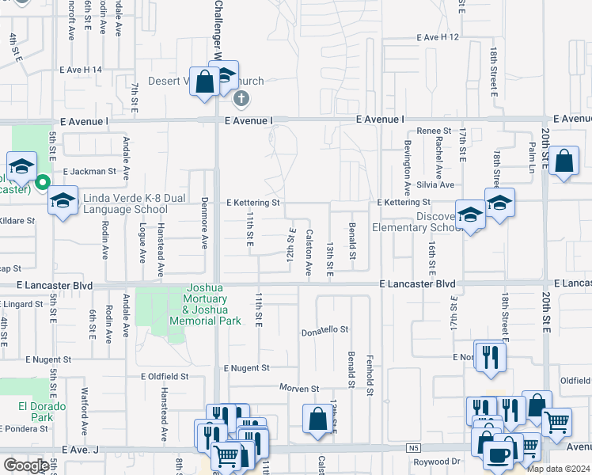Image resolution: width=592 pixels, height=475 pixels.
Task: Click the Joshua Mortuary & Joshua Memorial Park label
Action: point(207,305)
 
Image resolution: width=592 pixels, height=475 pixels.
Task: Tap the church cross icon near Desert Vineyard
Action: point(241,99)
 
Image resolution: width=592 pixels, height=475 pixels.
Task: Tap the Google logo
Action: point(26,465)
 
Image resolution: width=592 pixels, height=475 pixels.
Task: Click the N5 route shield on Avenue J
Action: point(413,448)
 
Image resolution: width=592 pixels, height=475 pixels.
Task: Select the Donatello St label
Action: point(324,329)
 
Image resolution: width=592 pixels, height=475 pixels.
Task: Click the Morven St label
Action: point(298,389)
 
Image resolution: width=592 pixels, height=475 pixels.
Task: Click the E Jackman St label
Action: point(89,170)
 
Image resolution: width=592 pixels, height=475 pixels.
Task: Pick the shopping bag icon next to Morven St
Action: point(317,419)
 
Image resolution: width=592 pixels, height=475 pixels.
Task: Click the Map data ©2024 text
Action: point(557,469)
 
